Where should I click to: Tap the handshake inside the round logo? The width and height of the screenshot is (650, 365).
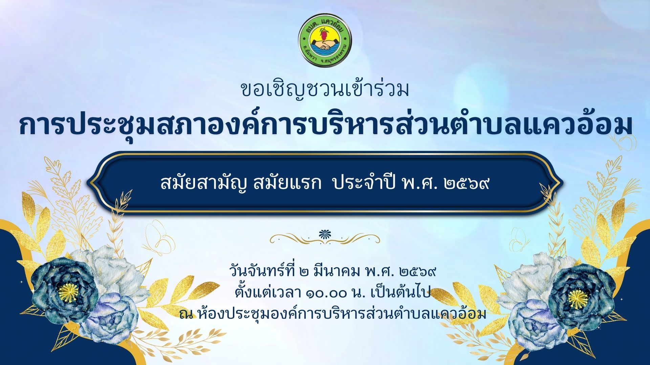click(x=325, y=45)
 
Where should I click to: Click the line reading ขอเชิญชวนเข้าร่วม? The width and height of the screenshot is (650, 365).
click(x=325, y=89)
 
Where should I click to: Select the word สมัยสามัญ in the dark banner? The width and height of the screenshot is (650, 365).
click(x=205, y=184)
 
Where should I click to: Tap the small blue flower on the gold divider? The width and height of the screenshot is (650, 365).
click(x=325, y=234)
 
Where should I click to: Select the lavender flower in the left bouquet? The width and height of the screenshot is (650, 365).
click(x=110, y=316)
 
